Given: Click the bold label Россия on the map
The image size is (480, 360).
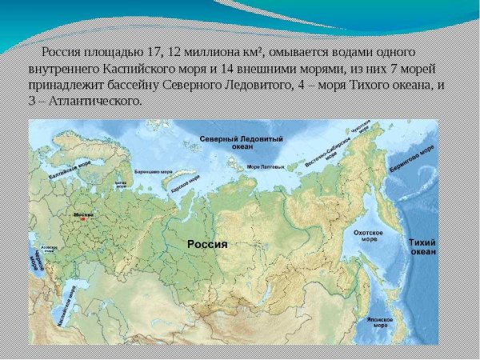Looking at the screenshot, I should click(x=207, y=244).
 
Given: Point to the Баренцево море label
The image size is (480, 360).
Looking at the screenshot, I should click(x=154, y=171).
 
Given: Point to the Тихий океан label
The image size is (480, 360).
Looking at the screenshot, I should click(x=422, y=246).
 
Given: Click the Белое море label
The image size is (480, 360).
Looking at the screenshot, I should click(x=122, y=184).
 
